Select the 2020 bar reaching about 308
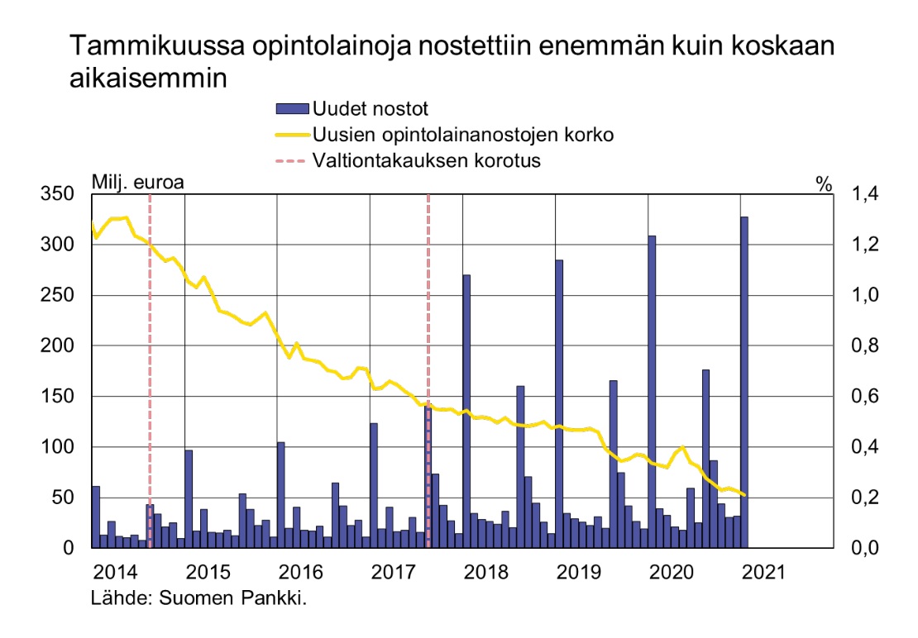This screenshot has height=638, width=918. coord(652,392)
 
